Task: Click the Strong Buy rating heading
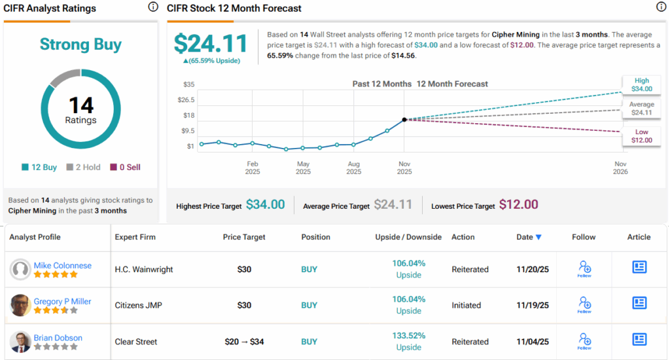coord(80,45)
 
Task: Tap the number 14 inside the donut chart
coord(81,105)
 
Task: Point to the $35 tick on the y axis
coord(188,84)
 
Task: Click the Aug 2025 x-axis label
coord(353,168)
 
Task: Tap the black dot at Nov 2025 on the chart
coord(404,119)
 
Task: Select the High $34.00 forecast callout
coord(641,84)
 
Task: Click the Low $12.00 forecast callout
coord(641,136)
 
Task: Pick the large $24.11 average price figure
coord(211,44)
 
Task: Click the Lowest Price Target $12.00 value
coord(518,205)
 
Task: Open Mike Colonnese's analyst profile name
coord(62,265)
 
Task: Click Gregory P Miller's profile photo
coord(21,305)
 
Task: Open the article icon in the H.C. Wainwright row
coord(639,266)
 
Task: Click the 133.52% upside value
coord(408,336)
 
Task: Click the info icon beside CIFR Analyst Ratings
coord(153,7)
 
